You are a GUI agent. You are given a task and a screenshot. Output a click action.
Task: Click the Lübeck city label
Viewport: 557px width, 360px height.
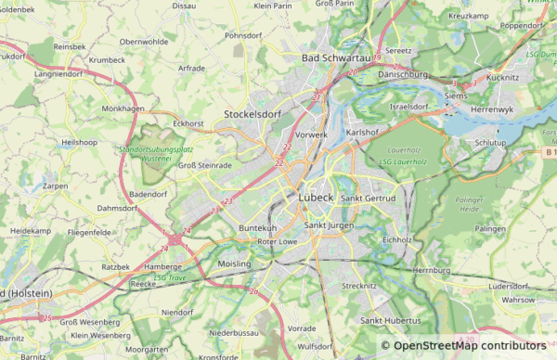click(x=318, y=197)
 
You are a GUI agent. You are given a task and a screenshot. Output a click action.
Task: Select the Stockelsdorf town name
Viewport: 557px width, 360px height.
click(x=253, y=114)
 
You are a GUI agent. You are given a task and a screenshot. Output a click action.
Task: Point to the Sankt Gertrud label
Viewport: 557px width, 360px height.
click(x=369, y=199)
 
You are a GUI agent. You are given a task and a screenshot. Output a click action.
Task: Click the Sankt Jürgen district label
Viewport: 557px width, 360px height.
click(x=330, y=225)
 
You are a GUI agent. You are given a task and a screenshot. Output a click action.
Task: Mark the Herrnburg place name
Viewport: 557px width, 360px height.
click(x=431, y=270)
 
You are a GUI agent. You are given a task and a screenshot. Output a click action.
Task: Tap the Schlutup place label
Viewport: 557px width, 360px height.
click(x=491, y=143)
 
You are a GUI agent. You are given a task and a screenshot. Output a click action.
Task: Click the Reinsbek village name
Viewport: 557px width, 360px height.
click(x=70, y=45)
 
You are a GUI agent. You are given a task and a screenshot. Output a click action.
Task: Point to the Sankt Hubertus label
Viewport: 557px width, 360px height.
click(x=385, y=320)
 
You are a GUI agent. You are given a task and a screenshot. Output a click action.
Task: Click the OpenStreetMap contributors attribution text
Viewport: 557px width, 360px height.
click(x=470, y=346)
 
